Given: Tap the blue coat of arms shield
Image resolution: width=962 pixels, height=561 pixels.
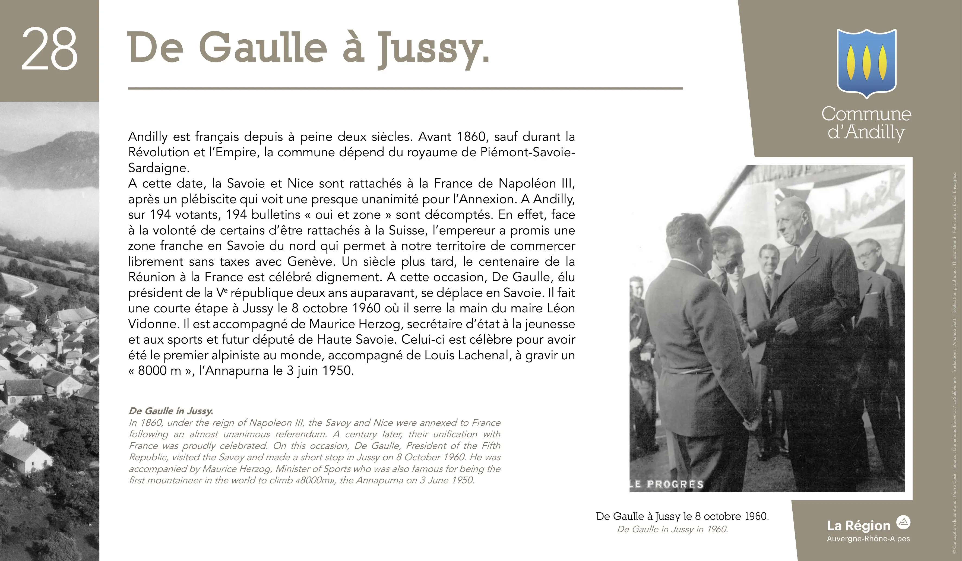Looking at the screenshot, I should (866, 63).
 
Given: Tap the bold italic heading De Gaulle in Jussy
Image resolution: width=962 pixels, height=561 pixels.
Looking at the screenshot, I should (171, 411).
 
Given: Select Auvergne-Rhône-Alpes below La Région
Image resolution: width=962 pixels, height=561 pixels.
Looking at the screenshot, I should (868, 539).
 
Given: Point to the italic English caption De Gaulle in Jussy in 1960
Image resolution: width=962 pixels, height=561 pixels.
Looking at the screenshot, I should (673, 529).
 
